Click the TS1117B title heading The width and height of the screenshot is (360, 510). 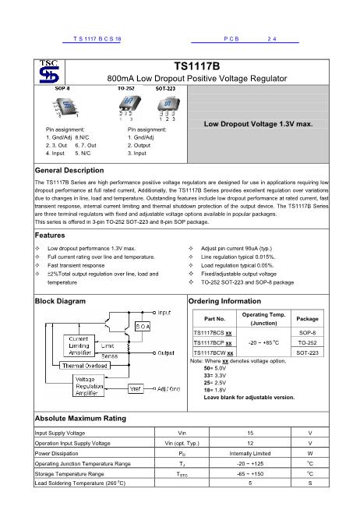tap(196, 67)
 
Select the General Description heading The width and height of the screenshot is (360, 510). tap(70, 170)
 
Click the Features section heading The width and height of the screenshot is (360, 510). tap(50, 235)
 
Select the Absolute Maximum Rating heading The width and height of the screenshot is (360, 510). tap(80, 419)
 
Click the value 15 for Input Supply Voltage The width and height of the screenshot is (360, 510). tap(249, 432)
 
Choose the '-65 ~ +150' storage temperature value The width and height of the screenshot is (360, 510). tap(249, 473)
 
